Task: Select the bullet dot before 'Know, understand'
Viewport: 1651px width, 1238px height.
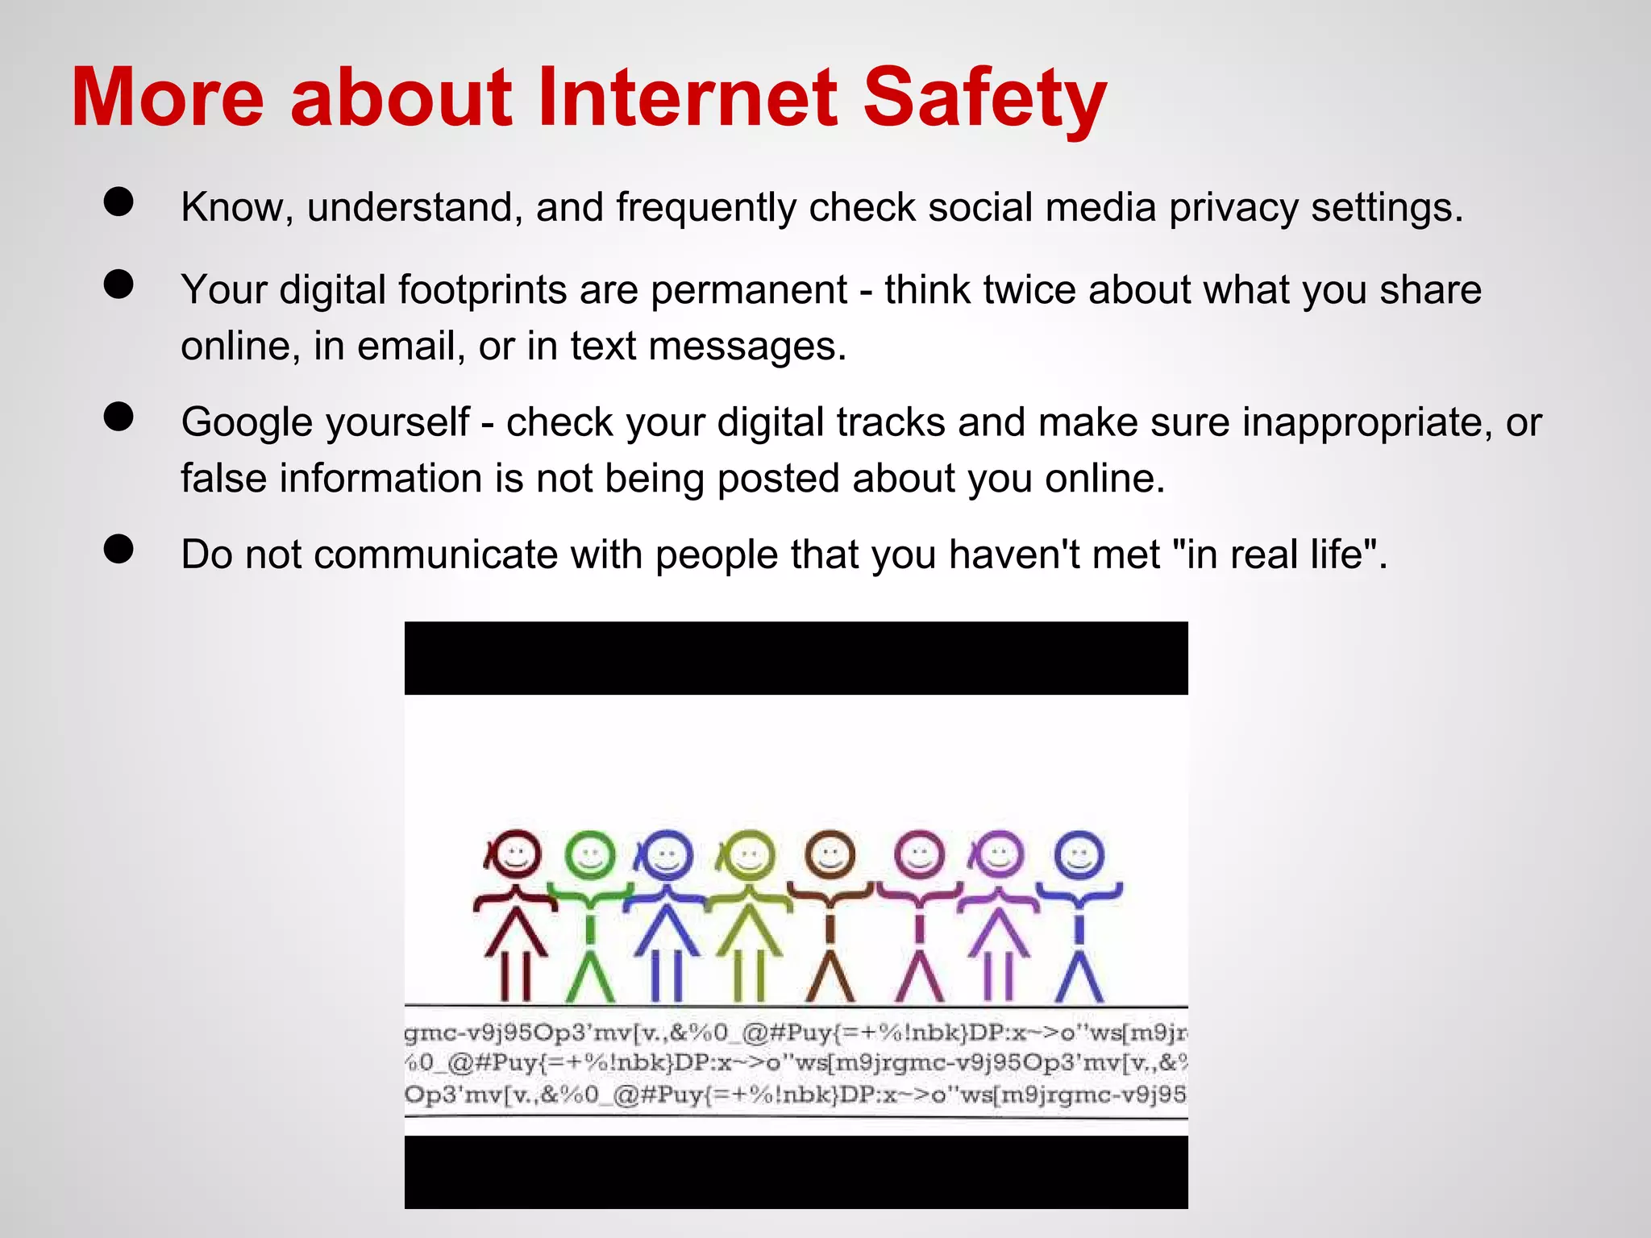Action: coord(119,201)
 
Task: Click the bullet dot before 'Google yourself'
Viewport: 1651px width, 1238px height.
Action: coord(119,417)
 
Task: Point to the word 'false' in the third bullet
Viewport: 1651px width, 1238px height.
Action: coord(223,478)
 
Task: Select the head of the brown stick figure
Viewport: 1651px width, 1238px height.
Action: coord(830,854)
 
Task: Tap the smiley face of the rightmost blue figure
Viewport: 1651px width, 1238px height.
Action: coord(1079,855)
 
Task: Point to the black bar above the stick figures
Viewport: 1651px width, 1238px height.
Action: coord(796,658)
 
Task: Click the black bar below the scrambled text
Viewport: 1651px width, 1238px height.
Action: coord(796,1172)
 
